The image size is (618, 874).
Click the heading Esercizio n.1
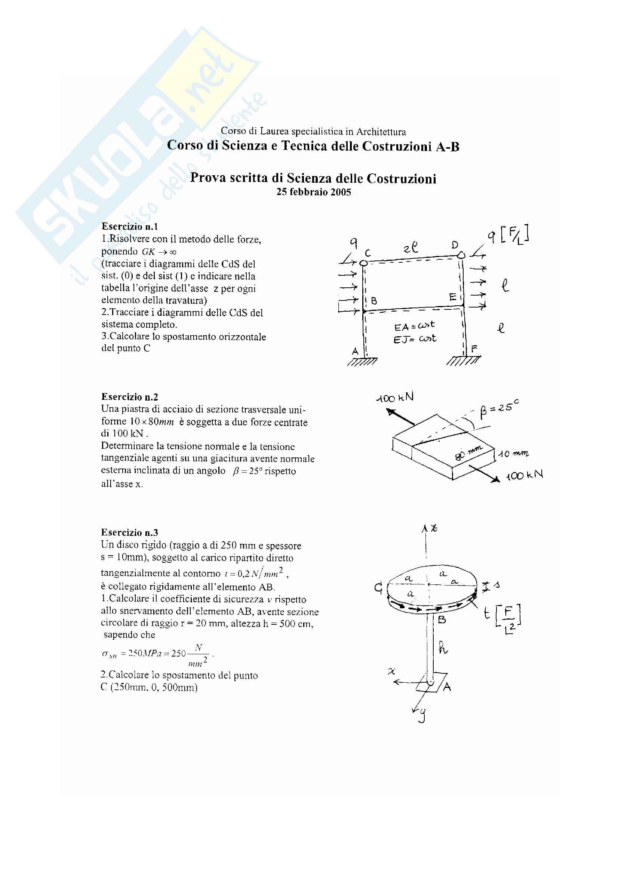pos(129,226)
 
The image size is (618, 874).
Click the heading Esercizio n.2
pos(129,397)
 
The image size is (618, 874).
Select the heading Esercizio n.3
pos(129,532)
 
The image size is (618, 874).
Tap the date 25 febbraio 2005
pos(313,192)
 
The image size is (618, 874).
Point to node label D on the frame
pos(455,245)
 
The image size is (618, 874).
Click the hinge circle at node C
pos(364,263)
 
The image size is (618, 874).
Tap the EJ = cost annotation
pos(415,339)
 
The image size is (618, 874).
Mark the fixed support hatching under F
pos(462,361)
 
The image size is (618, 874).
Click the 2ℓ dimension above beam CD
pos(411,248)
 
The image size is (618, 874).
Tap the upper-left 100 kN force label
pos(394,398)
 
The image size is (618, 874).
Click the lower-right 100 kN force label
pos(524,475)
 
